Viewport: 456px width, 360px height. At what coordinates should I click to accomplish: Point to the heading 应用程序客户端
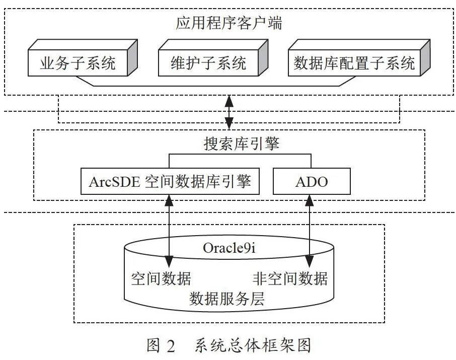(229, 23)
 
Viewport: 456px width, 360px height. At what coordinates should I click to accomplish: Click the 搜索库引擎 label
(242, 143)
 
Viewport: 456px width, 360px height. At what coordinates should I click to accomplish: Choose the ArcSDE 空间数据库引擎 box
(170, 181)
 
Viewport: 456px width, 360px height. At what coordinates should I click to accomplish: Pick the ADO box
(312, 181)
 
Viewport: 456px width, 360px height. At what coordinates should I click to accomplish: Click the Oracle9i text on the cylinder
(229, 248)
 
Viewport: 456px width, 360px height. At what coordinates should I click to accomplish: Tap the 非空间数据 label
(290, 278)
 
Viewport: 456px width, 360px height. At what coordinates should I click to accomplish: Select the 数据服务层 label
(227, 299)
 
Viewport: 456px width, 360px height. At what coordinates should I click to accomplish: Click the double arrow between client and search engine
(229, 112)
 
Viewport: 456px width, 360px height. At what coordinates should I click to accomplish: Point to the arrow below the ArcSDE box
(169, 231)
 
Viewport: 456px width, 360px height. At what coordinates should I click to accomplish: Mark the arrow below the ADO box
(309, 231)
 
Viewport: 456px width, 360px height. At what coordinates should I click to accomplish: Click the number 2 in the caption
(171, 346)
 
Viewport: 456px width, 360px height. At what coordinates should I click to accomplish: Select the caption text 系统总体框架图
(253, 345)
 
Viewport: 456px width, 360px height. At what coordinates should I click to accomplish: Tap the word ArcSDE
(114, 182)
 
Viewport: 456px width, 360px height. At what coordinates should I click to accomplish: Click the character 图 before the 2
(154, 345)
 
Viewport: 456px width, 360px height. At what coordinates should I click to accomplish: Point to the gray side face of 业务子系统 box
(132, 57)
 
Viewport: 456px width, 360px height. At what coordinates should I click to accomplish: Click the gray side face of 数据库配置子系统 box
(425, 57)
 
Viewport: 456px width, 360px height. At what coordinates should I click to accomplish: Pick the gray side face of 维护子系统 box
(263, 57)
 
